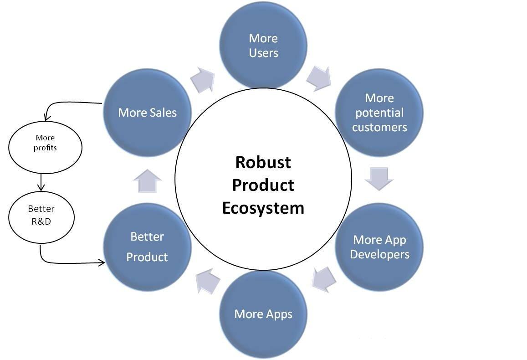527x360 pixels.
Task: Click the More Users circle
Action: click(263, 46)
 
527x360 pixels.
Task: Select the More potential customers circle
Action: click(379, 113)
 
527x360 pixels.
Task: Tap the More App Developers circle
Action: click(379, 247)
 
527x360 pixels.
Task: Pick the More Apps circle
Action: click(263, 314)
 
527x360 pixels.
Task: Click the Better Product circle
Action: click(147, 247)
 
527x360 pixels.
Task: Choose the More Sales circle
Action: click(147, 113)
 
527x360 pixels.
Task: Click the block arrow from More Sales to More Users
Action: click(202, 80)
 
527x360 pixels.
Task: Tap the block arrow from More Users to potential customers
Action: click(319, 77)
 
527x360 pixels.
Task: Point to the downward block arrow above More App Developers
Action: click(379, 178)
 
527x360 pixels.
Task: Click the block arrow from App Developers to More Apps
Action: click(324, 278)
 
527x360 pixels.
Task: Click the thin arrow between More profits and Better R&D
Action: click(41, 181)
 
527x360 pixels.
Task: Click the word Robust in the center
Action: click(263, 162)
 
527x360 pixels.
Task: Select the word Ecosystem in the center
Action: click(263, 208)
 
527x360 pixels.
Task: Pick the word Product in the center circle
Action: click(263, 185)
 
